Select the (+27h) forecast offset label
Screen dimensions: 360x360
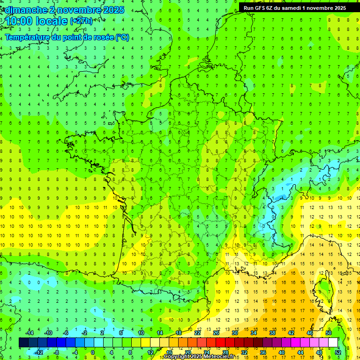point(81,21)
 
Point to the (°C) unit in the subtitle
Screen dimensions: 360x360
point(122,37)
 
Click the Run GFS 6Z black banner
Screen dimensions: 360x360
point(294,8)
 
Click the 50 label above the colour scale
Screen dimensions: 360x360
point(328,333)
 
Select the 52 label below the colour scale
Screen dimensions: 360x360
point(338,352)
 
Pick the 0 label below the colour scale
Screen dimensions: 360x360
point(93,352)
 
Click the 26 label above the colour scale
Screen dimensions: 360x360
point(216,333)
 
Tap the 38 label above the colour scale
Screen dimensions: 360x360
point(272,333)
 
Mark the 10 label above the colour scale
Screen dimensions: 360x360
point(141,333)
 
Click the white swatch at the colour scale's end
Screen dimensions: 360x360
point(333,343)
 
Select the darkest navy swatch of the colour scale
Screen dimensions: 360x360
point(23,343)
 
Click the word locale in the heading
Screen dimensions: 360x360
point(52,21)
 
